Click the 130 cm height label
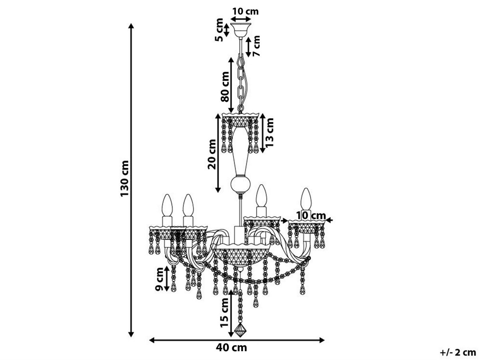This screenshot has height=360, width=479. [125, 179]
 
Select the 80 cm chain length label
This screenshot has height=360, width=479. [225, 87]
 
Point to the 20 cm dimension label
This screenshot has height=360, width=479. [212, 154]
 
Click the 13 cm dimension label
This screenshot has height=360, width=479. [269, 132]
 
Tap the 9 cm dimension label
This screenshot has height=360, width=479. [159, 279]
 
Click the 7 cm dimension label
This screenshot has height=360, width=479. [256, 46]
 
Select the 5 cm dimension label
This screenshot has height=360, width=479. [219, 30]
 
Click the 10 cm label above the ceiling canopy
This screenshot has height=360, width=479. [245, 11]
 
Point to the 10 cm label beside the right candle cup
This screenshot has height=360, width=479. [311, 216]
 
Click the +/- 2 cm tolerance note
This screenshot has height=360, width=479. [457, 352]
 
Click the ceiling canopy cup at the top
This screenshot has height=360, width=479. [241, 30]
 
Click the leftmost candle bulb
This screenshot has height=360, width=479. [167, 205]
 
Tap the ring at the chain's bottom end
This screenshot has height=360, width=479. [241, 108]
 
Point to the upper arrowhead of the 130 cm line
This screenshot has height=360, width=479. [131, 26]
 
